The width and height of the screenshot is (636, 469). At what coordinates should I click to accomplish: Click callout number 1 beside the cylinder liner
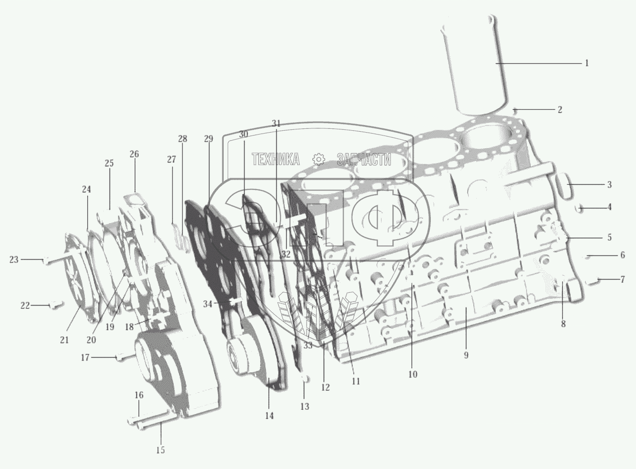[x=587, y=63]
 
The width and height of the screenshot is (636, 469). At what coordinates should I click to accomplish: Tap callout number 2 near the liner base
[x=559, y=109]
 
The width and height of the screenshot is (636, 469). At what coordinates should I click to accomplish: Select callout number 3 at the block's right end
[x=609, y=185]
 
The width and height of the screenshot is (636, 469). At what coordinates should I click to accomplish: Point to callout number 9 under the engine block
[x=466, y=355]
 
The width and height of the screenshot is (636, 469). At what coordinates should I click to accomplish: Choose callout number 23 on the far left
[x=14, y=260]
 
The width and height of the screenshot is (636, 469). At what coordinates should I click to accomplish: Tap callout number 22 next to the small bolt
[x=25, y=306]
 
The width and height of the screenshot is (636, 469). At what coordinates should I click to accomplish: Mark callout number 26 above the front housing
[x=134, y=154]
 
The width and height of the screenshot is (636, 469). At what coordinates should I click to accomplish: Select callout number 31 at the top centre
[x=276, y=124]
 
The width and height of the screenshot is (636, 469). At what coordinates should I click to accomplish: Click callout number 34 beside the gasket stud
[x=208, y=304]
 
